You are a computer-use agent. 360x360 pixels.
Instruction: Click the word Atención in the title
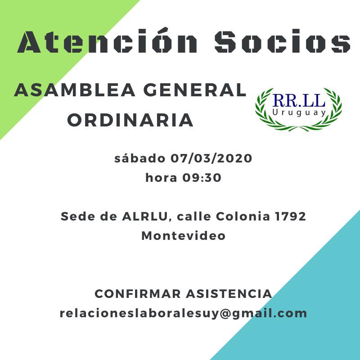tap(107, 40)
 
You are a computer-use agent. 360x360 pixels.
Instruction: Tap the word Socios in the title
tap(283, 41)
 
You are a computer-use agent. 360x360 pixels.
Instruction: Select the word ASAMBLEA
tap(75, 90)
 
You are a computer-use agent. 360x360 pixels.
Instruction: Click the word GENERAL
tap(195, 90)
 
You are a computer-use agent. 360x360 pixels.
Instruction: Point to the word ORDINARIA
tap(130, 120)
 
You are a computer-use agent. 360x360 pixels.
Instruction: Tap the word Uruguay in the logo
tap(299, 113)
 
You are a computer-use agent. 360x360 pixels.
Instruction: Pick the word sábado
tap(140, 158)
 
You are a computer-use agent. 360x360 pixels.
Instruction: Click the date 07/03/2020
tap(211, 158)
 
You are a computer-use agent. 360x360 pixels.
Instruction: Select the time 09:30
tap(202, 178)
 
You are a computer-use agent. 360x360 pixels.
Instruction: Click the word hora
tap(161, 177)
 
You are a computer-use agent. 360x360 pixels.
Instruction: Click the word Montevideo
tap(184, 235)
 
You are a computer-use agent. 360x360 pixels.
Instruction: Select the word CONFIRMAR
tap(138, 294)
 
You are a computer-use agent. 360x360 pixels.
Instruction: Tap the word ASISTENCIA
tap(229, 294)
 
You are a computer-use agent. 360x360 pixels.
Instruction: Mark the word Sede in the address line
tap(78, 216)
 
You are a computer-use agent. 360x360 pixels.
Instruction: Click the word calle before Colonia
tap(194, 216)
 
